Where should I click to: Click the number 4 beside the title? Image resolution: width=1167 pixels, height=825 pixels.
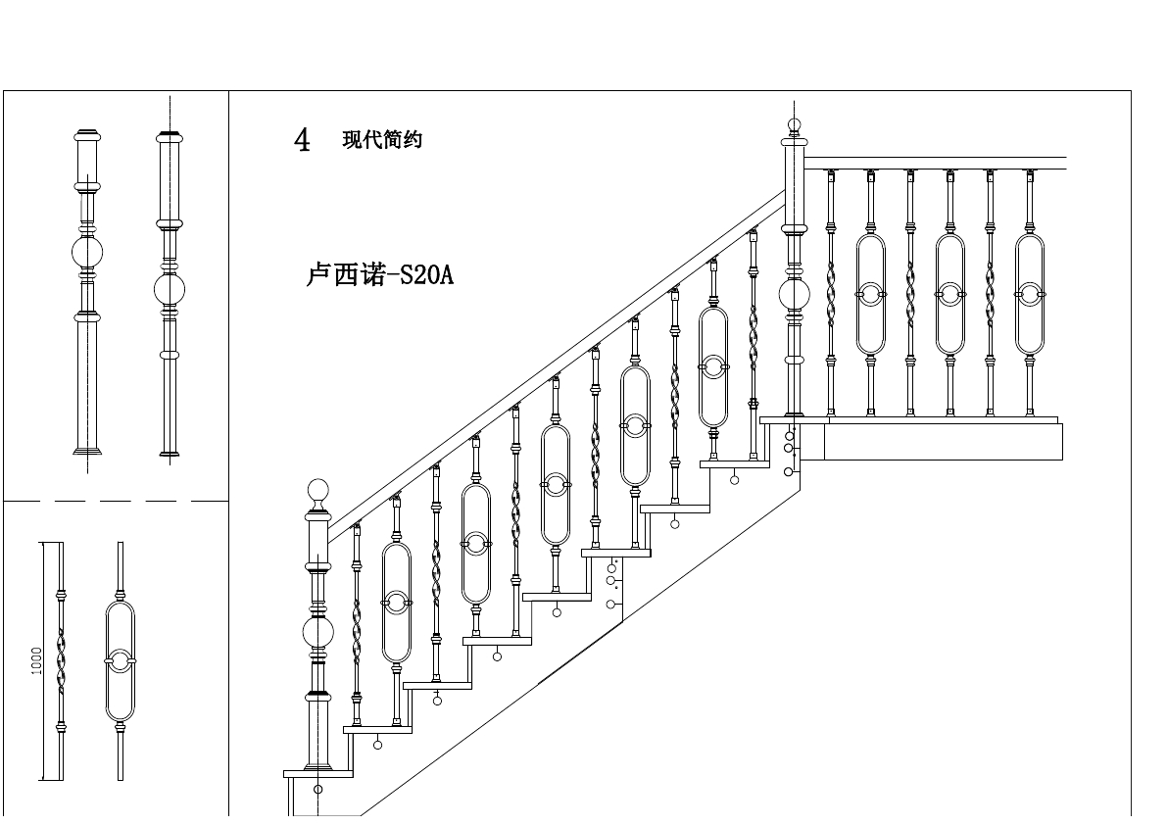[302, 140]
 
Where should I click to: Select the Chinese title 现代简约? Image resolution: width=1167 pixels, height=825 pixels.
[382, 140]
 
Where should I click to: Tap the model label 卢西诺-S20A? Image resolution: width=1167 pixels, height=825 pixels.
[380, 275]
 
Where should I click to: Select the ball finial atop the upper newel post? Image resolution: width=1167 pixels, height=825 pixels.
[794, 125]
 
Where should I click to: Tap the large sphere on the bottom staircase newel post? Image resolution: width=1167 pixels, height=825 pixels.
[317, 634]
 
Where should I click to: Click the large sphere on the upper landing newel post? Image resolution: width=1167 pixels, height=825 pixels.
[794, 294]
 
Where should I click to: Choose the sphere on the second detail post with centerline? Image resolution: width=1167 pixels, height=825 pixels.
[170, 290]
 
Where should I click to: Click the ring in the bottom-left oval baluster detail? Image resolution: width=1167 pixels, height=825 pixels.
[120, 661]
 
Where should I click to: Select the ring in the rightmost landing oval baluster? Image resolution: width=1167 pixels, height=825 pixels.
[1028, 292]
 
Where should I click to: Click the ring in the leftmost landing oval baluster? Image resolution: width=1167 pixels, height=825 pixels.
[870, 292]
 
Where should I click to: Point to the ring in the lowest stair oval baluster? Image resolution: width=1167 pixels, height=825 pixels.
[396, 602]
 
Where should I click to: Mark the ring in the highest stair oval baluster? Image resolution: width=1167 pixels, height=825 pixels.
[714, 366]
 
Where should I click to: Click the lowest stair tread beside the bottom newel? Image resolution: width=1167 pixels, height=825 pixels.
[317, 773]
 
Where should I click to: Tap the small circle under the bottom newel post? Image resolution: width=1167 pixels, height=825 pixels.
[317, 789]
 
